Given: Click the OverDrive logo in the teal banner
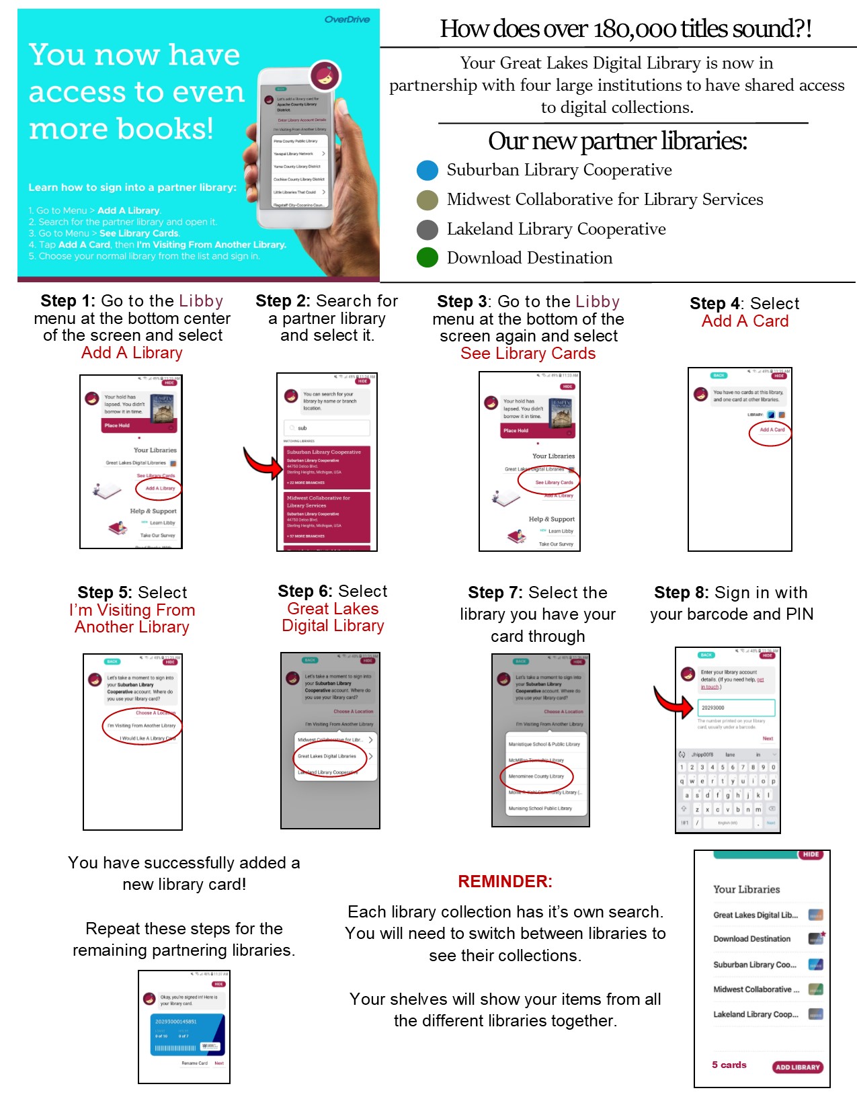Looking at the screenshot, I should click(347, 19).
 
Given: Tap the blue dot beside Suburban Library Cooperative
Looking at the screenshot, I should click(427, 171).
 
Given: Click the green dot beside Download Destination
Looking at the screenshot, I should click(427, 257).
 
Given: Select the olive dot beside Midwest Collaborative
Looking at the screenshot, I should click(427, 200).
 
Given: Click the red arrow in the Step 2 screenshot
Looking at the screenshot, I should click(263, 463).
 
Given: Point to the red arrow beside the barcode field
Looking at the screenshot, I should click(673, 702).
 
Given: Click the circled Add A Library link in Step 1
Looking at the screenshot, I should click(159, 489).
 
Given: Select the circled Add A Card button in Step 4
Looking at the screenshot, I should click(771, 430).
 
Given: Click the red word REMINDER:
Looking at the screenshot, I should click(505, 882).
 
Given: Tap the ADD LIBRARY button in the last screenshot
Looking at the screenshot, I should click(797, 1067).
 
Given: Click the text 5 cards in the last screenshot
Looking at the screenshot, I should click(729, 1065).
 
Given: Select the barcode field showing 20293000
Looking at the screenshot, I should click(736, 708).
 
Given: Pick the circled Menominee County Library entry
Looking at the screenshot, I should click(536, 776).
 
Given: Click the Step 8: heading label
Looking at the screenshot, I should click(682, 593).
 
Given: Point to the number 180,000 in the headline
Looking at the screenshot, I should click(635, 30).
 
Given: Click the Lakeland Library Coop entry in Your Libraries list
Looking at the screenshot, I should click(756, 1014).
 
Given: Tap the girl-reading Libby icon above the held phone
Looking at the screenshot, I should click(325, 76).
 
